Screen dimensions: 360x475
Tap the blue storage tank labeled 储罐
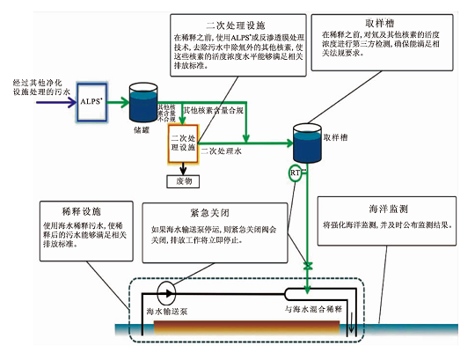coord(141,103)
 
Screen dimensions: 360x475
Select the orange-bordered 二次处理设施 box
coord(183,143)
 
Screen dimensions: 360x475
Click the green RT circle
coord(296,173)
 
